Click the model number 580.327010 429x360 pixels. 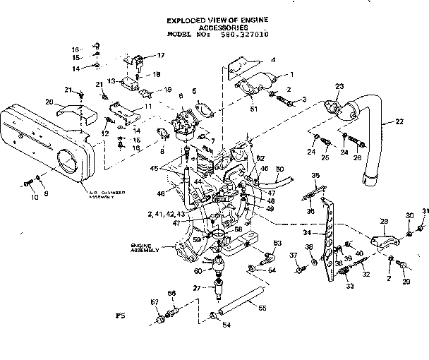(245, 34)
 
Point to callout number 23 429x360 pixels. (339, 86)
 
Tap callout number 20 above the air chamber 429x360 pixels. (50, 102)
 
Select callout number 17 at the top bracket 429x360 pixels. (160, 55)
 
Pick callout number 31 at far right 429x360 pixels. (425, 212)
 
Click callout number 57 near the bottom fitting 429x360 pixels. (156, 303)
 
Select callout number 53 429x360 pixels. (277, 244)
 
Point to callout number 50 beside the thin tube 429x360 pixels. (279, 169)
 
